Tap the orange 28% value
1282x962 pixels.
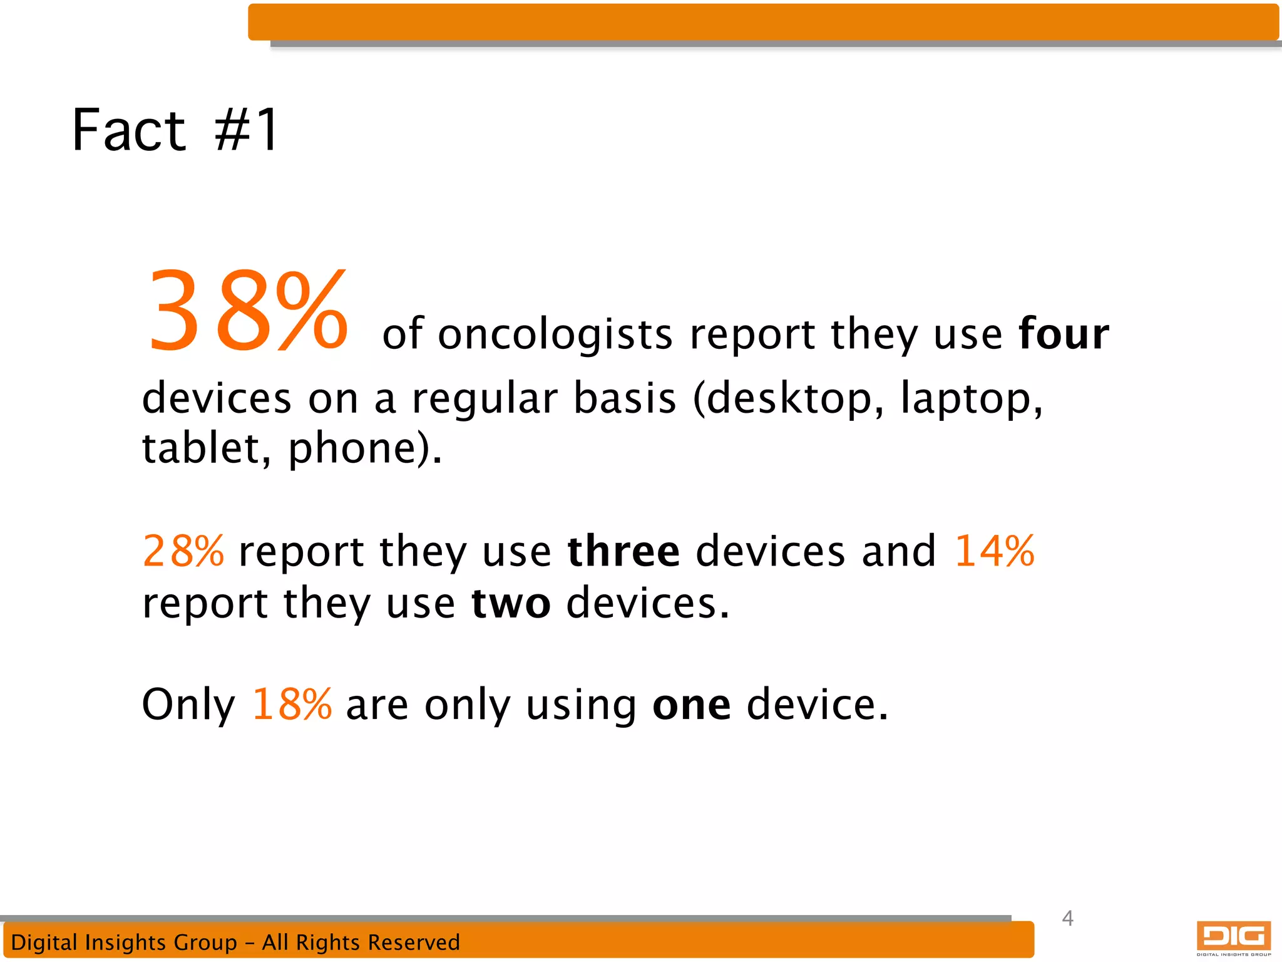(x=183, y=551)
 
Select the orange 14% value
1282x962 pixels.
(x=993, y=551)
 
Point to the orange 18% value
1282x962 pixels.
(x=292, y=704)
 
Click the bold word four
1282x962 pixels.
(x=1064, y=334)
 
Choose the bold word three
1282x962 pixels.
(x=623, y=551)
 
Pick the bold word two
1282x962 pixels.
(x=511, y=603)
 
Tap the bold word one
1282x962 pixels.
(x=691, y=704)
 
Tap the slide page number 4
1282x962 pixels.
(x=1068, y=918)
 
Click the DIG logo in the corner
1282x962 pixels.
(x=1233, y=938)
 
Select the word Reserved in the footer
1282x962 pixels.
(x=413, y=942)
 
